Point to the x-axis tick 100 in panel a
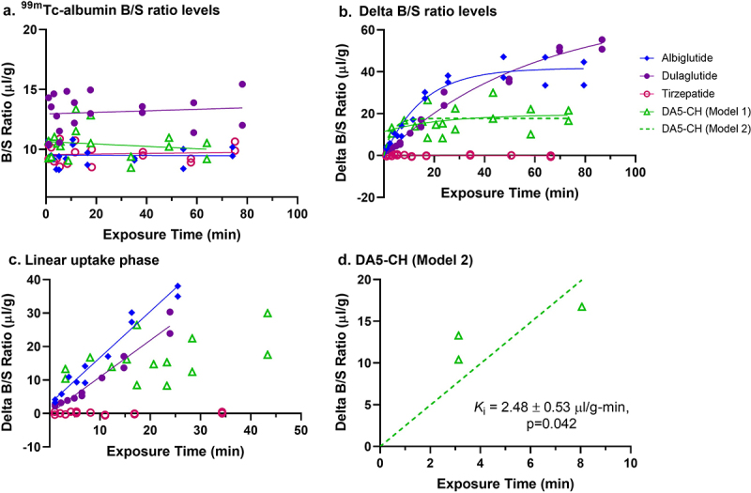(297, 215)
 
